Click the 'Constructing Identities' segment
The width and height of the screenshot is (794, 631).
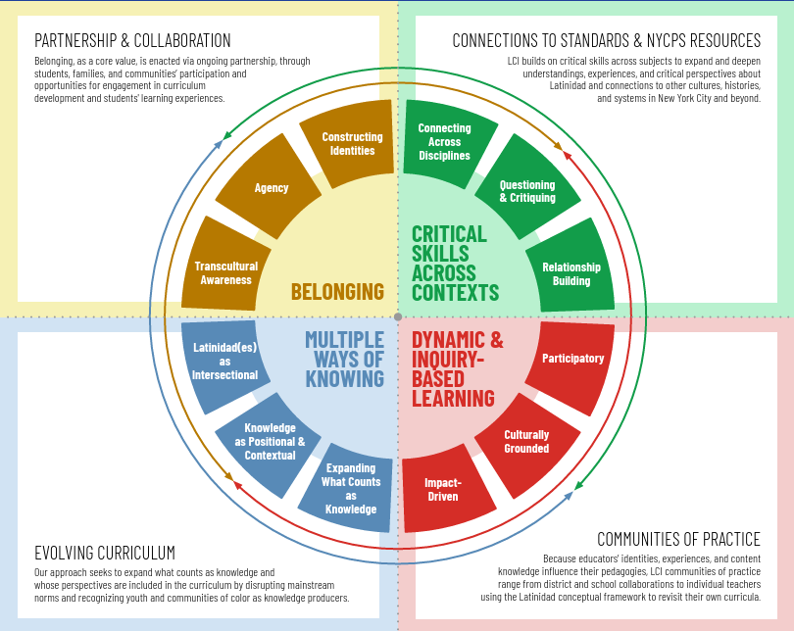click(350, 144)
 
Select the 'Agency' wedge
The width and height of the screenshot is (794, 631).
click(270, 187)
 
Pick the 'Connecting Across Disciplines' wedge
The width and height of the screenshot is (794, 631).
click(446, 143)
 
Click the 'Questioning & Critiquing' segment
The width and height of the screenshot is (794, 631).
click(527, 188)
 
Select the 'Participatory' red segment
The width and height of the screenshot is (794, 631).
click(571, 365)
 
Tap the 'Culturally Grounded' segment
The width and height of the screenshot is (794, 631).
click(527, 444)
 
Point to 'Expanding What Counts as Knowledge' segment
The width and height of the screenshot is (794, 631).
click(349, 489)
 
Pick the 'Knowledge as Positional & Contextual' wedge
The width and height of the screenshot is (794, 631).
click(269, 444)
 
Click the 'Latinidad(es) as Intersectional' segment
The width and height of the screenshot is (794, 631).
click(224, 364)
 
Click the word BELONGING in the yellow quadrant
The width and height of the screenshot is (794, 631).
click(338, 292)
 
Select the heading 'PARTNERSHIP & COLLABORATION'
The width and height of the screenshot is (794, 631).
click(132, 40)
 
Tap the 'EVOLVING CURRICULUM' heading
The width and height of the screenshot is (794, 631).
click(105, 553)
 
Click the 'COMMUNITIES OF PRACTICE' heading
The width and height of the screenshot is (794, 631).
click(678, 540)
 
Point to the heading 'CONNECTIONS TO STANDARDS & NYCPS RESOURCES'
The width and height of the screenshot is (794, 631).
click(606, 40)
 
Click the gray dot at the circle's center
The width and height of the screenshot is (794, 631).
click(398, 316)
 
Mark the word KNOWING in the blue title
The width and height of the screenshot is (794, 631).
click(345, 379)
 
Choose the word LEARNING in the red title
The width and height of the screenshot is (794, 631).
click(453, 399)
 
